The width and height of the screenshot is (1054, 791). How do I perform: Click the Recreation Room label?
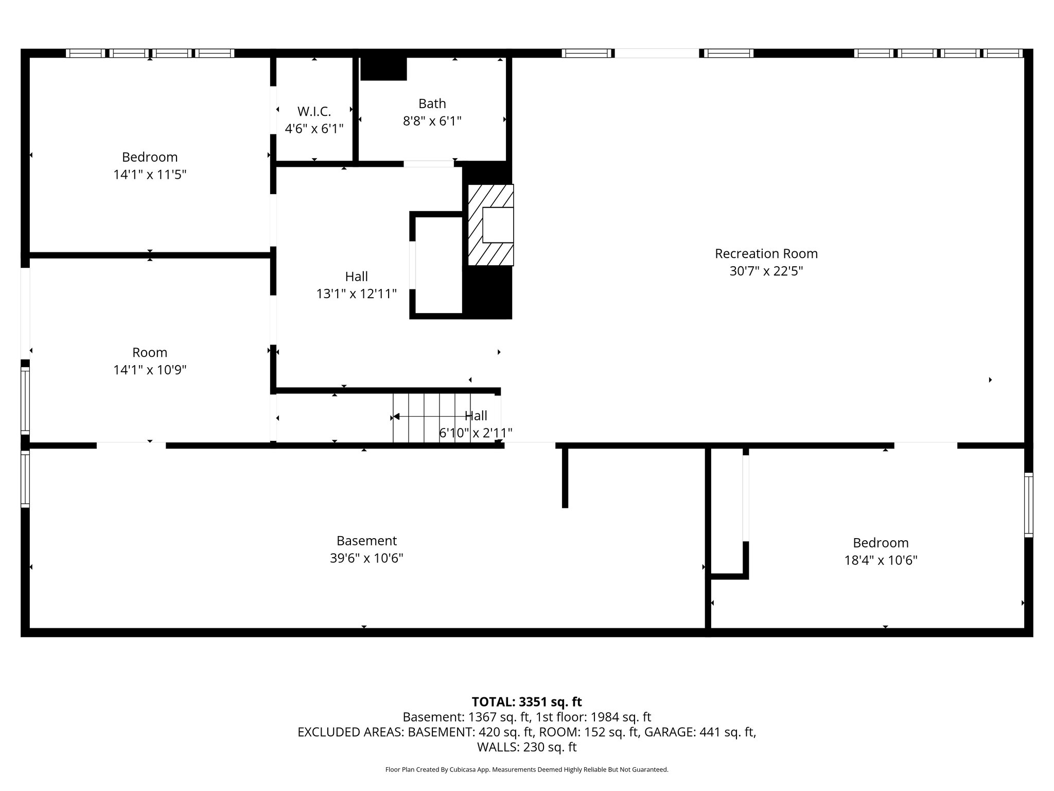point(766,253)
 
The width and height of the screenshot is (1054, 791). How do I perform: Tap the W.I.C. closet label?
point(314,111)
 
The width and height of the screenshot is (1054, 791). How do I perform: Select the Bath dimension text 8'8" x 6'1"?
point(432,121)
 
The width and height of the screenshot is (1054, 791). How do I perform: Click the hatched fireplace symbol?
point(490,225)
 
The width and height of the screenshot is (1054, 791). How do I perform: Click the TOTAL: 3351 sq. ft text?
point(526,702)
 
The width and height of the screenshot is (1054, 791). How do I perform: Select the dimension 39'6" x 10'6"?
point(366,558)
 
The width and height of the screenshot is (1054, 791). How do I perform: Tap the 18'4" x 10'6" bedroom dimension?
point(881,560)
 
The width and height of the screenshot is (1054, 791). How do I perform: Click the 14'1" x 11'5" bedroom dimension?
point(150,175)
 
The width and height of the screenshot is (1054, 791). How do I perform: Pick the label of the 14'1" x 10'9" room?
point(150,352)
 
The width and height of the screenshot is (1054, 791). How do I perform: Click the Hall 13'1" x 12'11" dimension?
point(356,294)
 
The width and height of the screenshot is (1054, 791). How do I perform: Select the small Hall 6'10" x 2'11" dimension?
point(476,433)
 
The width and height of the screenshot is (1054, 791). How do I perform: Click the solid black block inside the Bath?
point(383,69)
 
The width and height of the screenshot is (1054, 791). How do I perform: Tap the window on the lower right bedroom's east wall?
point(1028,505)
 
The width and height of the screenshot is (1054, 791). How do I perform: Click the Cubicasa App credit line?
point(526,770)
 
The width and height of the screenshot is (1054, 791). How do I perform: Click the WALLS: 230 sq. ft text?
point(526,747)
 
